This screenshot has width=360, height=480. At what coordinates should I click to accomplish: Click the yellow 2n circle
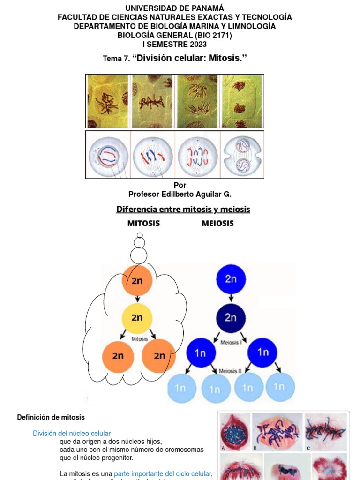tap(137, 318)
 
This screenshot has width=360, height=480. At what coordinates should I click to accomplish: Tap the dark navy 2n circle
tap(231, 318)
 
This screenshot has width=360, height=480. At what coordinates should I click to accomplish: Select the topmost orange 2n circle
tap(137, 281)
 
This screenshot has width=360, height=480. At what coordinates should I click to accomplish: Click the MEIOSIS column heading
tap(217, 224)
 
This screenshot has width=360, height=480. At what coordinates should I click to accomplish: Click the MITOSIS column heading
tap(143, 224)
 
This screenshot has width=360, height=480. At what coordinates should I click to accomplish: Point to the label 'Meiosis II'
tap(230, 370)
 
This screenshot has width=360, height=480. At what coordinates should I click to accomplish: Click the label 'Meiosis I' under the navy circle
tap(230, 342)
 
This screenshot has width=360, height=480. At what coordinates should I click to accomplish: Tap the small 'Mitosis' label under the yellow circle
tap(140, 338)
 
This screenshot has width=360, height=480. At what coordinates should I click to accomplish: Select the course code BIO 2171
tap(215, 36)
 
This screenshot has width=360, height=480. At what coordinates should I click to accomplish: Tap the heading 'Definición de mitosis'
tap(51, 417)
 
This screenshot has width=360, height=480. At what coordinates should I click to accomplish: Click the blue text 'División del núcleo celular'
tap(72, 434)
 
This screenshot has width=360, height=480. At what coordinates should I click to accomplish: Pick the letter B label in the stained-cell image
tap(255, 448)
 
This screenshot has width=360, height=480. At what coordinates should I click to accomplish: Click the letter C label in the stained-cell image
tap(308, 448)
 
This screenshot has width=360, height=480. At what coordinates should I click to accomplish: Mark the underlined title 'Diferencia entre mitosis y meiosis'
tap(183, 210)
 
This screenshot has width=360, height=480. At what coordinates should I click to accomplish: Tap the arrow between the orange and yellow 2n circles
tap(137, 299)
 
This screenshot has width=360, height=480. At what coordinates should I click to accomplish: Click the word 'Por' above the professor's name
tap(180, 185)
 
